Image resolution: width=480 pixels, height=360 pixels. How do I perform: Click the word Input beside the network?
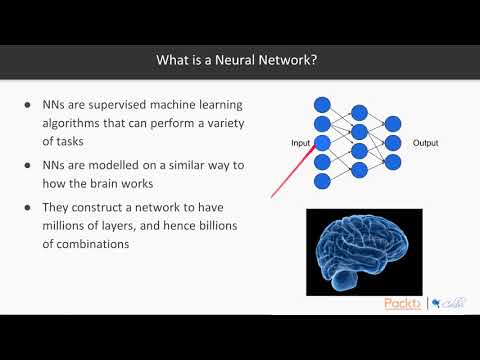301,143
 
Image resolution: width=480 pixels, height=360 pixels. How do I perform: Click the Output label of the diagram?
424,143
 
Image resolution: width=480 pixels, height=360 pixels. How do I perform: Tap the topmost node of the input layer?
321,103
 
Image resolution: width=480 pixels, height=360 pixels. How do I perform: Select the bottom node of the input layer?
321,181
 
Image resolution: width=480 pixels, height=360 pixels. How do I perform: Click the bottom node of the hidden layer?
356,171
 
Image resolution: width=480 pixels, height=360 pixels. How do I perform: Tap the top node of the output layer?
392,123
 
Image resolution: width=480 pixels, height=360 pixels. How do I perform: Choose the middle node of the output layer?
392,143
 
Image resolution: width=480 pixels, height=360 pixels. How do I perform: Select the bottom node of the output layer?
392,162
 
